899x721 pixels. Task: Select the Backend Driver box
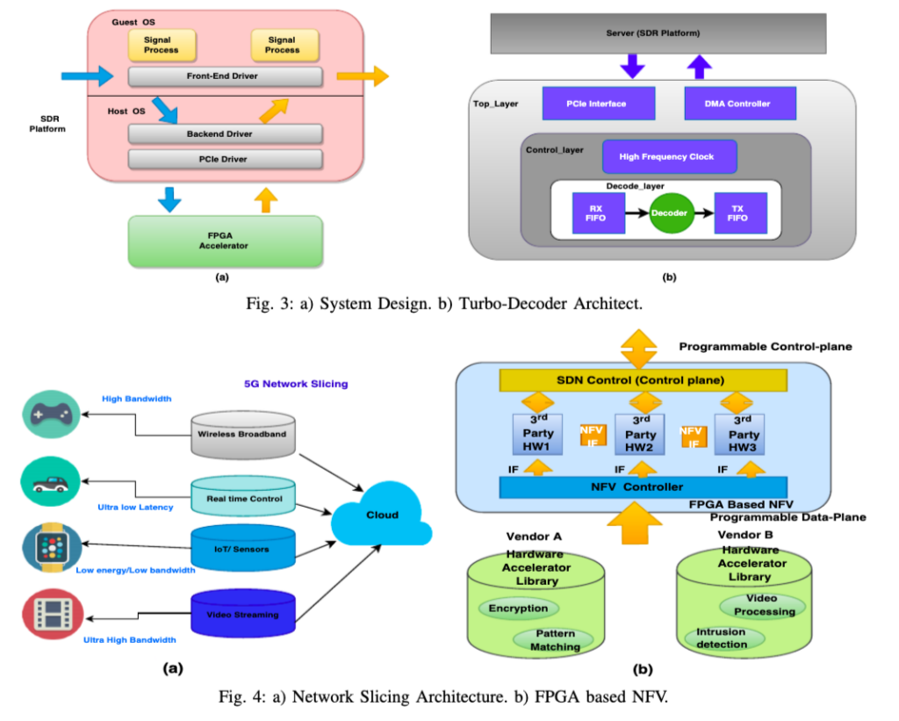click(x=224, y=133)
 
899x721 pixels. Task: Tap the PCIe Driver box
click(x=224, y=159)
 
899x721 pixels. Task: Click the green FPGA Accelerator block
click(x=225, y=241)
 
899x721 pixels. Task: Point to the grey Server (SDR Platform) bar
click(x=658, y=32)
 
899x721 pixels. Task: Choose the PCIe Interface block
click(x=598, y=104)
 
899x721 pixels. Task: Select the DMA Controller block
click(x=739, y=104)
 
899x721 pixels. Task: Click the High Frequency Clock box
click(x=669, y=156)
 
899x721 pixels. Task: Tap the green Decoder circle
click(x=669, y=213)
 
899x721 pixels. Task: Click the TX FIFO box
click(x=739, y=213)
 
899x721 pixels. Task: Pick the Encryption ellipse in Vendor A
click(x=518, y=608)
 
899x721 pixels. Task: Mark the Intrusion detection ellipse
click(x=723, y=638)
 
